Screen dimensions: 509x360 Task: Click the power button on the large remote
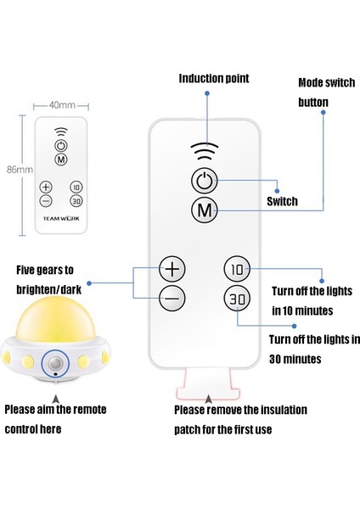click(x=204, y=181)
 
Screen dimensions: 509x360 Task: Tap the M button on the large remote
click(x=204, y=209)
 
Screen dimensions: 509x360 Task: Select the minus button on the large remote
click(x=172, y=298)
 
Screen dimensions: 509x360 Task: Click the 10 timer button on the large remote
click(x=236, y=270)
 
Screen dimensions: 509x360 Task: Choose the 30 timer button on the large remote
click(x=236, y=298)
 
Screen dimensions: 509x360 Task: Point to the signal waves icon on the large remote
click(x=204, y=151)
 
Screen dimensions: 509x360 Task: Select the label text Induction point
click(x=214, y=79)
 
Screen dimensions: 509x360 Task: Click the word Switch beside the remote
click(x=282, y=202)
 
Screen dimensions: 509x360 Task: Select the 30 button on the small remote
click(x=76, y=201)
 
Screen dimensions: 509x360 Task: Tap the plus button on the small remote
click(x=45, y=187)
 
